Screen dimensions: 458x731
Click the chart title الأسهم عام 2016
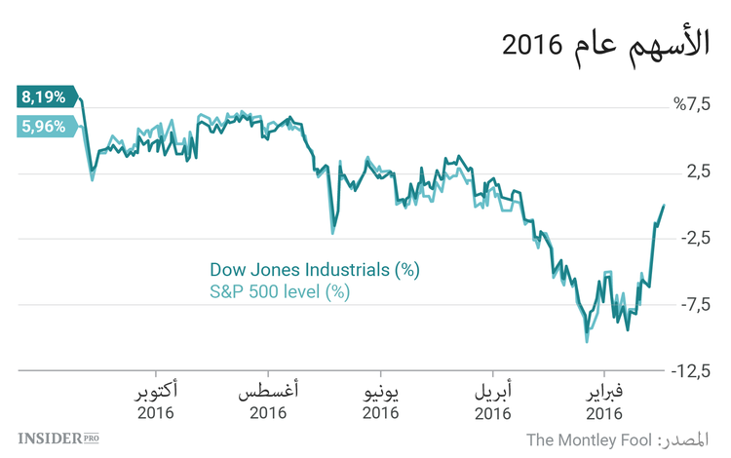coord(604,44)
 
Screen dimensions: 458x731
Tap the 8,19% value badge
coord(45,96)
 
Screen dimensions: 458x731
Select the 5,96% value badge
coord(44,126)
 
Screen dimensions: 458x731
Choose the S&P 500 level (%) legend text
coord(280,290)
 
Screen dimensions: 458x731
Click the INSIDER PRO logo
coord(59,439)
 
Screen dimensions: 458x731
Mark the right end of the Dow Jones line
coord(664,206)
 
